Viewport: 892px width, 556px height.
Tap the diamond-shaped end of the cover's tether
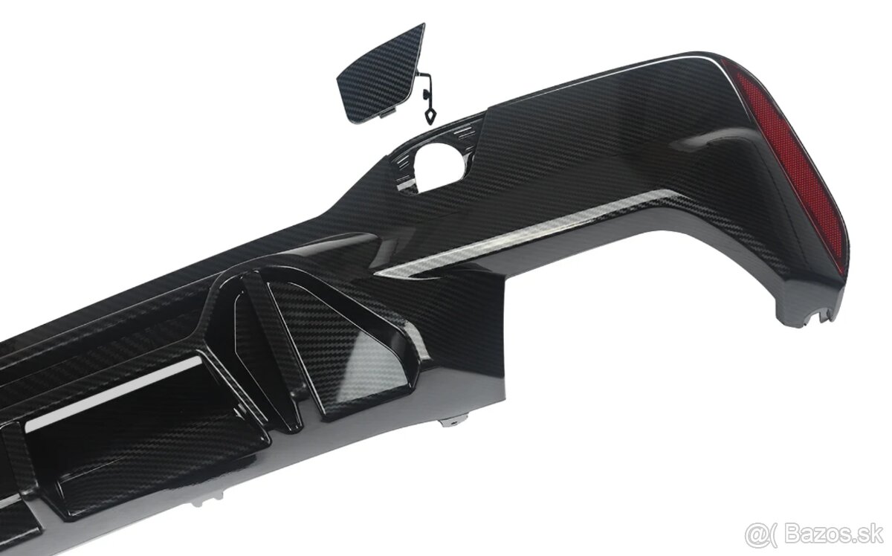pos(430,116)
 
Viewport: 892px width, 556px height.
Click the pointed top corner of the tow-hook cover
pos(421,27)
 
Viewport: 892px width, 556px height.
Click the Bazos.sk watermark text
pos(841,532)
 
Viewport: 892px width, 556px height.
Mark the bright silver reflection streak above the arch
pos(520,238)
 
